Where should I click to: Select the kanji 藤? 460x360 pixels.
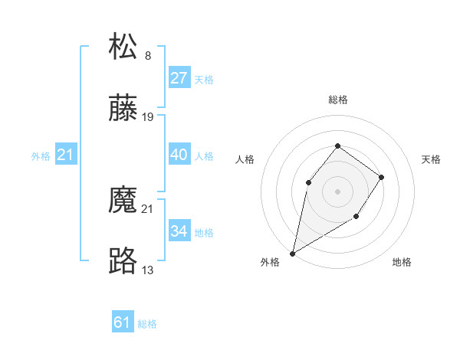(x=123, y=110)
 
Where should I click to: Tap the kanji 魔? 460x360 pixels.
(x=123, y=201)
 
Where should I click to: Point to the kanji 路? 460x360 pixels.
(x=123, y=262)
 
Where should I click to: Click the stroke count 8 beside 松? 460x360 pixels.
(x=147, y=56)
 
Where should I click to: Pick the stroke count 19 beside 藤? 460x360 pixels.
(x=148, y=117)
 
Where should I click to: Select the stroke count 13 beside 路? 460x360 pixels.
(x=148, y=270)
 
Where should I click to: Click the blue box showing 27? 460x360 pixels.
(x=179, y=78)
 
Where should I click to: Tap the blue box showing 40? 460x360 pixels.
(x=179, y=155)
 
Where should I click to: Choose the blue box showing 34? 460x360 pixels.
(x=179, y=231)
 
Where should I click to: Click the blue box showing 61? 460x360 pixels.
(x=122, y=322)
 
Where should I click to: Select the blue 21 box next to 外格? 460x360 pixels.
(x=66, y=155)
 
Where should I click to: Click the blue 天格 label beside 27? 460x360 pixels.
(x=204, y=79)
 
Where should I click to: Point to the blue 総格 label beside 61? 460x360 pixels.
(x=147, y=324)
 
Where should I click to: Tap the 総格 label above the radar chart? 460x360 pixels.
(x=338, y=100)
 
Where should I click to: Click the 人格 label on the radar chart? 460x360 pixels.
(x=245, y=159)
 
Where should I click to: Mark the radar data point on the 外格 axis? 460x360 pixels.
(x=292, y=254)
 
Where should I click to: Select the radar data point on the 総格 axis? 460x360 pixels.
(x=338, y=146)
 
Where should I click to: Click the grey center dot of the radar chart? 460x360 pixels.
(x=338, y=191)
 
